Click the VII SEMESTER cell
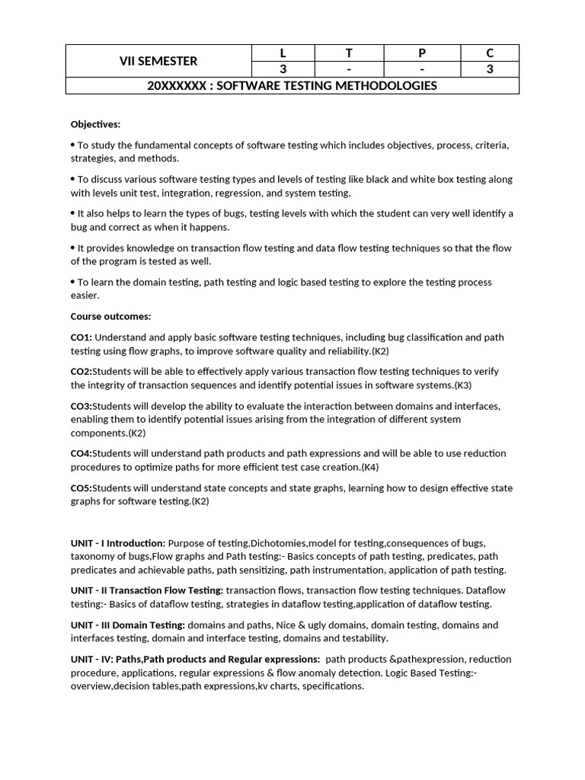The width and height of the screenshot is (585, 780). point(158,61)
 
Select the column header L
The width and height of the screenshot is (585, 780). point(283,53)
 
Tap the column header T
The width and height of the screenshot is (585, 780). point(349,53)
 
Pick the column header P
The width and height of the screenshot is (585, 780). point(422,53)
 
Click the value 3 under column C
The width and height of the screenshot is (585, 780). point(490,69)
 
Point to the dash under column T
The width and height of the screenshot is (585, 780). point(349,69)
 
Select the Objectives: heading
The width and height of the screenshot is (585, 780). point(95,124)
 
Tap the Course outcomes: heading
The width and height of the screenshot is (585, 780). point(110,316)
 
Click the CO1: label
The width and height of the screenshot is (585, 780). point(82,337)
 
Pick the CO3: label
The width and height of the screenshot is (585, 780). point(81,406)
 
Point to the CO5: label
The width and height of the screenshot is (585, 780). point(81,488)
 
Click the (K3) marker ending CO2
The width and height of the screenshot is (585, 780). point(462,385)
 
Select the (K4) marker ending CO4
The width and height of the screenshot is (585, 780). point(370,467)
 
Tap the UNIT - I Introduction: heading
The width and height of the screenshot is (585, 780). point(118,543)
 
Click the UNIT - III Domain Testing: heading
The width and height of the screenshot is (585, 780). point(128,625)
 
